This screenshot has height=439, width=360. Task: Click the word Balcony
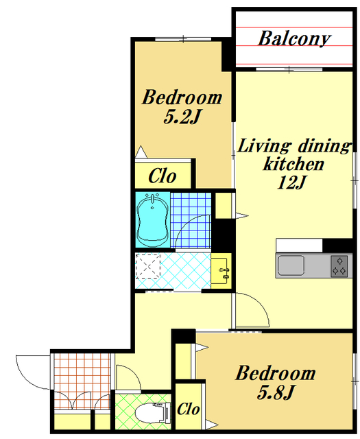click(x=294, y=38)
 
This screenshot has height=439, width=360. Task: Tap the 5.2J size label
click(x=182, y=117)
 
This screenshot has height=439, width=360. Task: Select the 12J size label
click(x=291, y=182)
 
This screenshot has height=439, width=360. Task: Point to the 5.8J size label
click(x=275, y=392)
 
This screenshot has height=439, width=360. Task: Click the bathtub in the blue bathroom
click(x=152, y=219)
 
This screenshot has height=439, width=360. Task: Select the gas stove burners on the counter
click(x=339, y=266)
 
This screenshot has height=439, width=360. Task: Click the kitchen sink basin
click(x=291, y=265)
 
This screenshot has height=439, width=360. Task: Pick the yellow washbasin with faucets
click(x=221, y=271)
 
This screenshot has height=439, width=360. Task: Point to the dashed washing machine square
click(x=148, y=266)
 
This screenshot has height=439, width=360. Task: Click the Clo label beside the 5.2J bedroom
click(x=162, y=176)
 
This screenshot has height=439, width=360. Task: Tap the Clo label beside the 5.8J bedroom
click(x=188, y=409)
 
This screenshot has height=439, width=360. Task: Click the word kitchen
click(x=293, y=164)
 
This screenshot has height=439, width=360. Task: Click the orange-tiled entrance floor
click(x=82, y=381)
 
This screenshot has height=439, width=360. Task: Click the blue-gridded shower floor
click(x=191, y=220)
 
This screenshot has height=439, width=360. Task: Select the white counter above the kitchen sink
click(x=299, y=246)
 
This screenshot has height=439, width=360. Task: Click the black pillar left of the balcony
click(x=227, y=55)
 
